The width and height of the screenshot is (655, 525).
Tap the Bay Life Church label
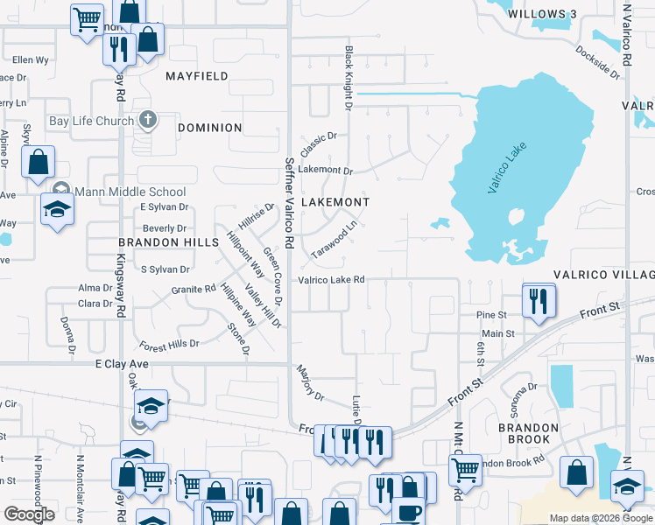(x=91, y=122)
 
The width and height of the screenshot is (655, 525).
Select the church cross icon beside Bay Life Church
(x=148, y=120)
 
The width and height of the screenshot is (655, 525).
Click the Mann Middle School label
(x=130, y=192)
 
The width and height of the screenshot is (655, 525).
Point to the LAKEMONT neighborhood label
(x=335, y=202)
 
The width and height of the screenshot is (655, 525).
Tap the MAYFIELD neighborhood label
(x=197, y=77)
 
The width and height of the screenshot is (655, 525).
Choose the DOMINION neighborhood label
(x=209, y=128)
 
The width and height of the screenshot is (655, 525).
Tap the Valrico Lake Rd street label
(x=331, y=280)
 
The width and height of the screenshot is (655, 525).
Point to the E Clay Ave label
(x=120, y=363)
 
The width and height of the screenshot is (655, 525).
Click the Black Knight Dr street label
(x=348, y=79)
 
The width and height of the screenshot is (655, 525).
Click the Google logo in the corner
(x=29, y=515)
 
